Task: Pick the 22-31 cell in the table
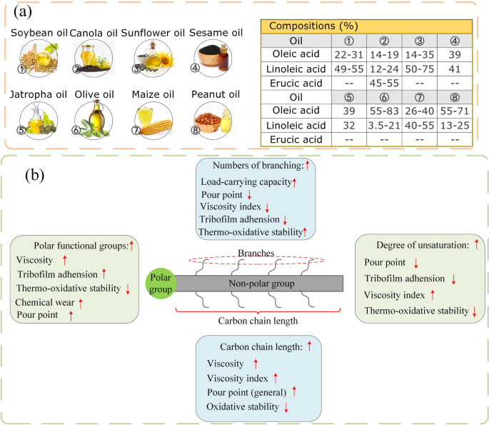coord(350,55)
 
